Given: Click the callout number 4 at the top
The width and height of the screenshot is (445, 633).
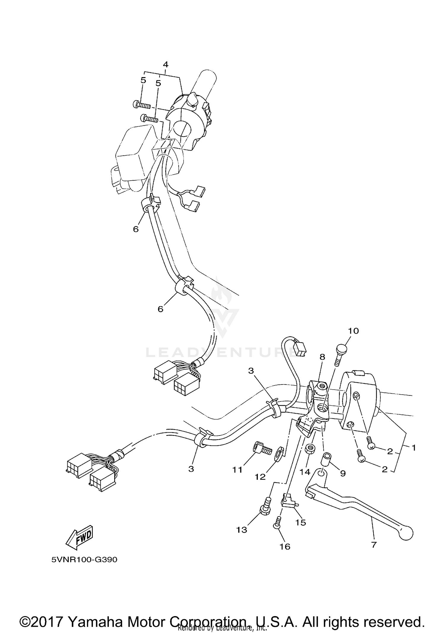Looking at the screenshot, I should [x=166, y=64].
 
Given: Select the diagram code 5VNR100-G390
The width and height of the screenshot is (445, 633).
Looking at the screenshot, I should [x=84, y=559].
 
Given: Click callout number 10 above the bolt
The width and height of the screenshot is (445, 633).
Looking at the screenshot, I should [x=353, y=331].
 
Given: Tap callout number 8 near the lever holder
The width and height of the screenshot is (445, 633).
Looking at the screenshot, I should [x=322, y=357].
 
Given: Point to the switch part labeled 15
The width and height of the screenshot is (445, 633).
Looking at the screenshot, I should [x=288, y=503].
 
